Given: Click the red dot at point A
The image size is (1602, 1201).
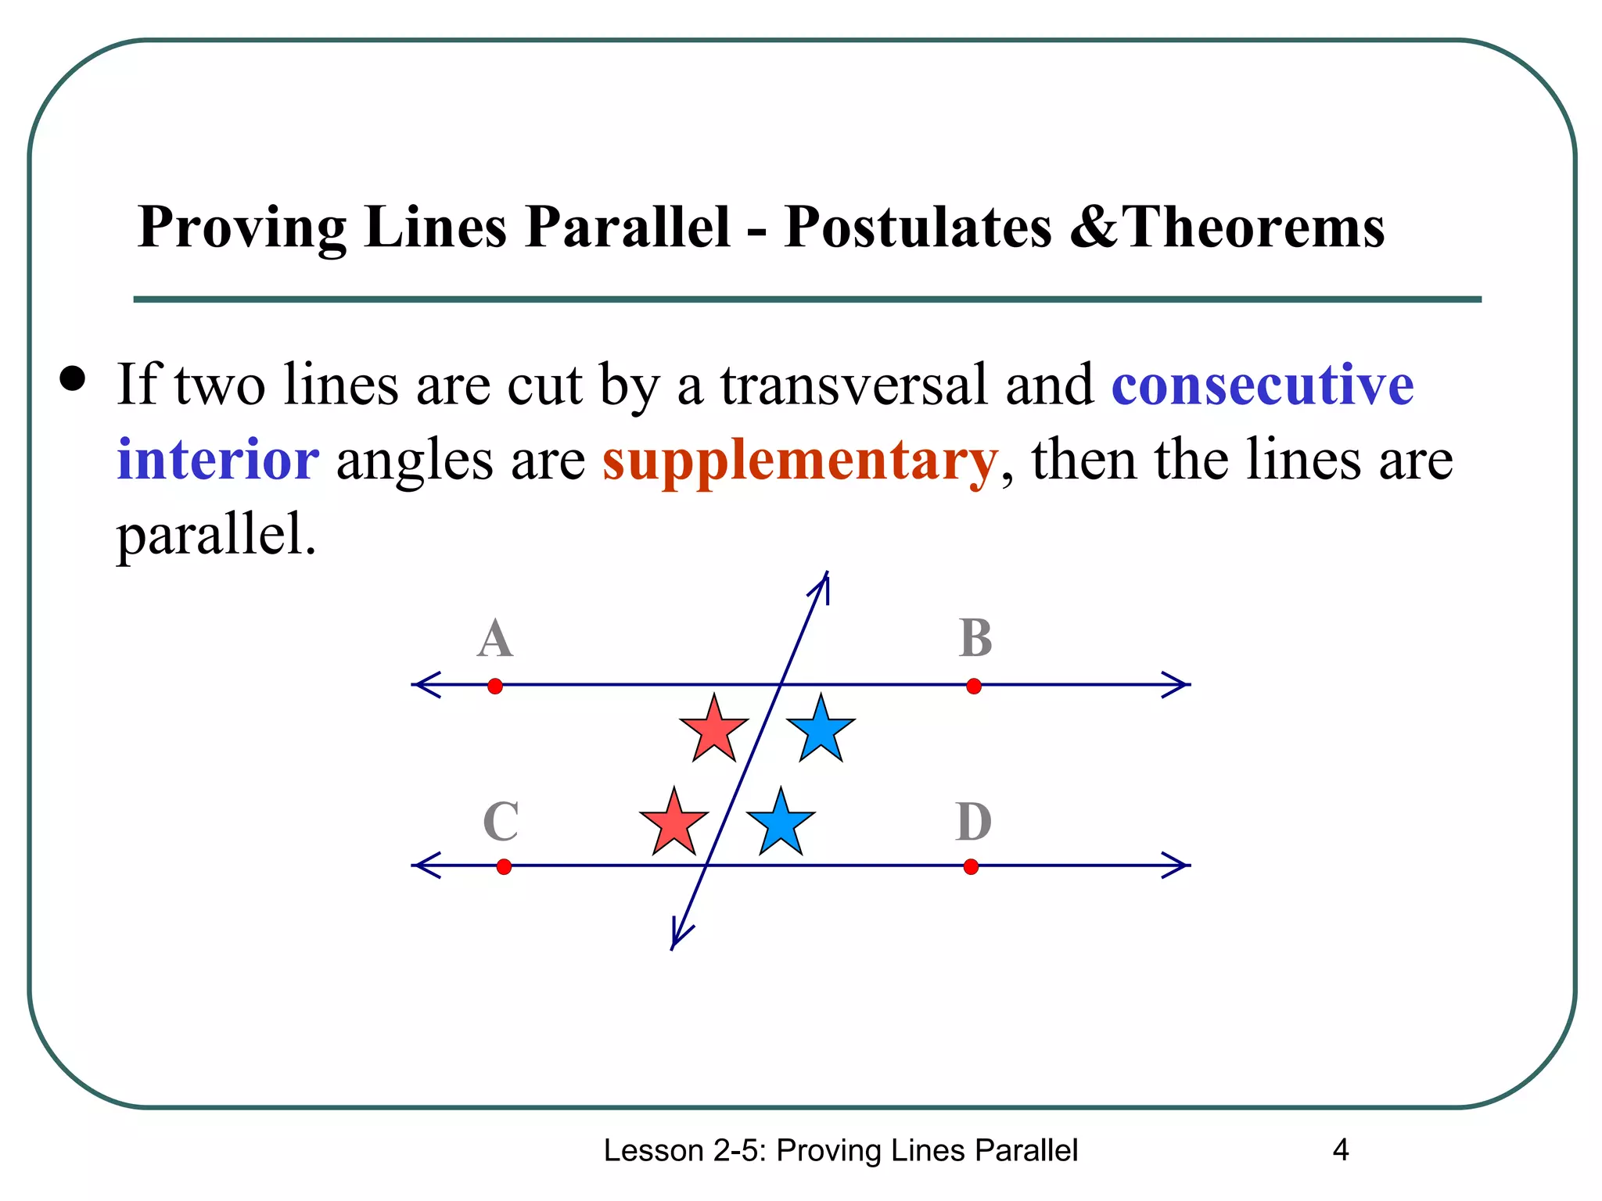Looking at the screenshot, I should tap(495, 686).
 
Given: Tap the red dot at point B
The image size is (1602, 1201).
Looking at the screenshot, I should tap(974, 686).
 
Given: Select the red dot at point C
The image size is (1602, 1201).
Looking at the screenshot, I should tap(504, 866).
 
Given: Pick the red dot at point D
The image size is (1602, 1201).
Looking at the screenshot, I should tap(971, 866).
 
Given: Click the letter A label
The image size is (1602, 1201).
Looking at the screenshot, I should tap(495, 639).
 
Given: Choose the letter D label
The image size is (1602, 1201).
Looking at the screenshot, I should tap(974, 822).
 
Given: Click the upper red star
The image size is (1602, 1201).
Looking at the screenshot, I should tap(714, 730).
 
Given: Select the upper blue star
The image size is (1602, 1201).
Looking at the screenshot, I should tap(821, 730).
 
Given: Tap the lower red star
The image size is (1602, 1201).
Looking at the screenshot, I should tap(674, 823).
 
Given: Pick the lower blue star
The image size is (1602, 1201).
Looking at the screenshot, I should tap(781, 823).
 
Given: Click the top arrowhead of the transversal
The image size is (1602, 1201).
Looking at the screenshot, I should tap(823, 583).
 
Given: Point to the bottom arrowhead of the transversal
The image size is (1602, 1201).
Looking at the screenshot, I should tap(677, 939).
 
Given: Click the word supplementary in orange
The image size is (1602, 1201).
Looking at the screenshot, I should tap(800, 460).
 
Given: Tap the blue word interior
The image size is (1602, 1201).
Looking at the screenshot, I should tap(217, 460).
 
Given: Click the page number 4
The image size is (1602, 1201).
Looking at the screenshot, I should tap(1340, 1150).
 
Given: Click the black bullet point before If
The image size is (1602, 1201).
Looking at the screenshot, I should tap(73, 379).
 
